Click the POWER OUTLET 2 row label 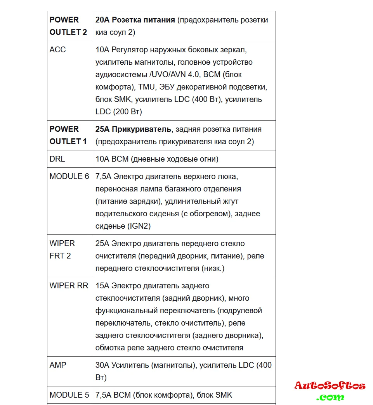(x=68, y=26)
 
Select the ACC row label (x=58, y=50)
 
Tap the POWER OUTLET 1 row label (x=68, y=135)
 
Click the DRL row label (x=57, y=159)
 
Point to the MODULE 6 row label (x=69, y=176)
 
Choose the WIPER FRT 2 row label (x=62, y=250)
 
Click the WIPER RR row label (x=69, y=286)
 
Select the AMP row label (x=58, y=365)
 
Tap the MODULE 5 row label (x=69, y=395)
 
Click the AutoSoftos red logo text (x=330, y=386)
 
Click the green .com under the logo (x=330, y=397)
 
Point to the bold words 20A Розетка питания (x=135, y=20)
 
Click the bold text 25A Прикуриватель (x=133, y=129)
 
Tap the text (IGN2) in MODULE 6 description (x=139, y=226)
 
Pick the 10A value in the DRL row (x=102, y=159)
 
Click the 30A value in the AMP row (x=102, y=365)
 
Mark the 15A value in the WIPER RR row (x=102, y=286)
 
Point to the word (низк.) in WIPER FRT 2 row (x=213, y=268)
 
